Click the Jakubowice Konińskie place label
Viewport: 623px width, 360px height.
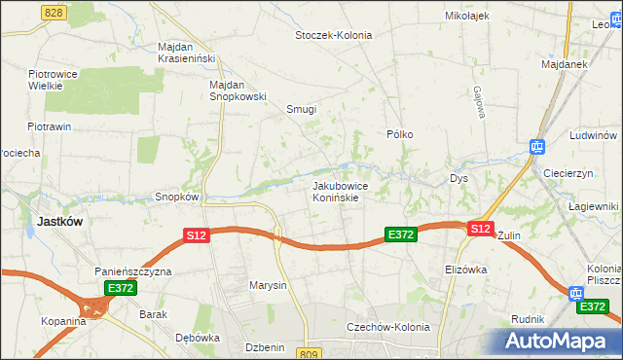[x=337, y=191]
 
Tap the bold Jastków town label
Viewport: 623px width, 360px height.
[x=58, y=221]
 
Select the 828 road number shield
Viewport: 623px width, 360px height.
[x=55, y=11]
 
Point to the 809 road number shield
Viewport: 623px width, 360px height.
[x=311, y=353]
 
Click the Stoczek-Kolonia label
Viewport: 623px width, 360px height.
[x=334, y=35]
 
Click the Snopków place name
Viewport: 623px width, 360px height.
[x=176, y=197]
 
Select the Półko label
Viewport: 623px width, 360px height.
[x=400, y=134]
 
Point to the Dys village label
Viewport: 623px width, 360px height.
[x=459, y=179]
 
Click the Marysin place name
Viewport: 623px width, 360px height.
[x=268, y=285]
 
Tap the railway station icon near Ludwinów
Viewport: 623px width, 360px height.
[x=535, y=147]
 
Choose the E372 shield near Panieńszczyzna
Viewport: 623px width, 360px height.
[x=120, y=288]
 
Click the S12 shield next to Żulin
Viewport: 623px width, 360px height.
[x=479, y=229]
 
